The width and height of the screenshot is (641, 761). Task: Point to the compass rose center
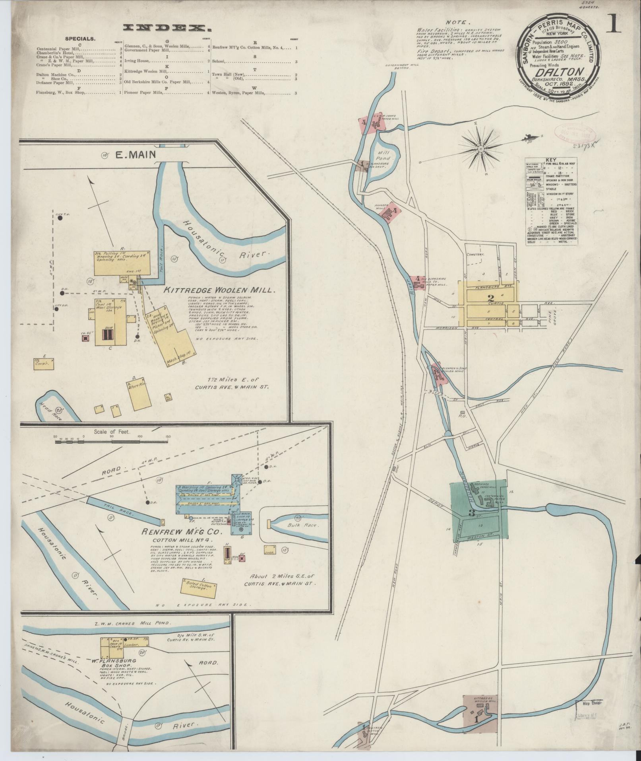coord(481,149)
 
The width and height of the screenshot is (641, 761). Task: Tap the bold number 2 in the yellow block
coord(490,297)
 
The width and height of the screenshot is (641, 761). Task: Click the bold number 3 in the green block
coord(471,514)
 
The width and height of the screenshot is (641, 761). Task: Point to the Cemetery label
coord(475,254)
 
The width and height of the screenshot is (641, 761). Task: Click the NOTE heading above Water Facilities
coord(458,23)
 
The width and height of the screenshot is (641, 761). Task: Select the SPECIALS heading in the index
coord(80,39)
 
